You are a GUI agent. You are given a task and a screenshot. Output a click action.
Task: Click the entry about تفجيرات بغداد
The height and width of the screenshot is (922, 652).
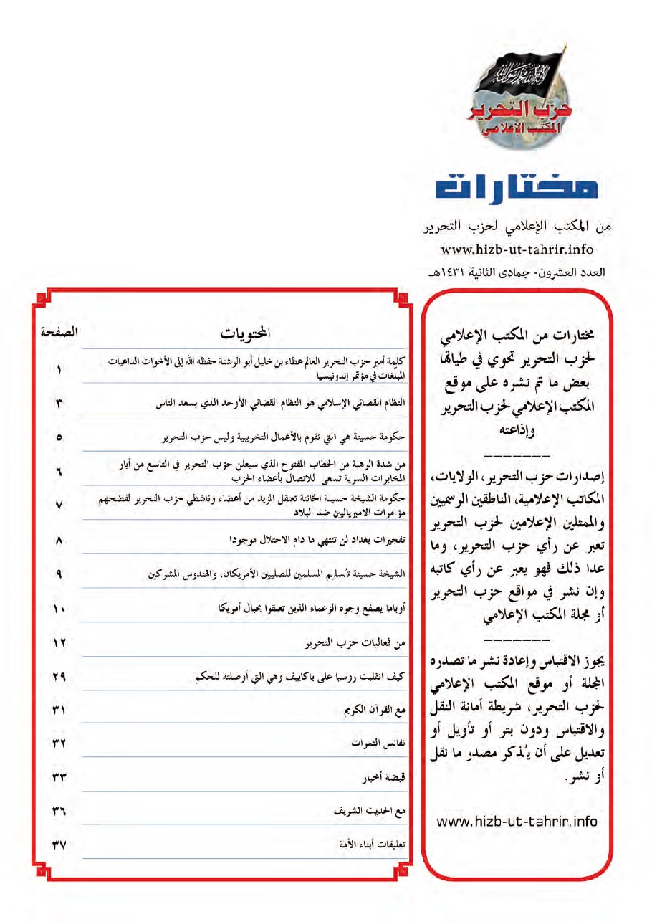(x=318, y=541)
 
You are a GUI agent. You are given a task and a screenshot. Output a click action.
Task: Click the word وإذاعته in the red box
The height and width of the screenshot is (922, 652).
(x=519, y=433)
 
